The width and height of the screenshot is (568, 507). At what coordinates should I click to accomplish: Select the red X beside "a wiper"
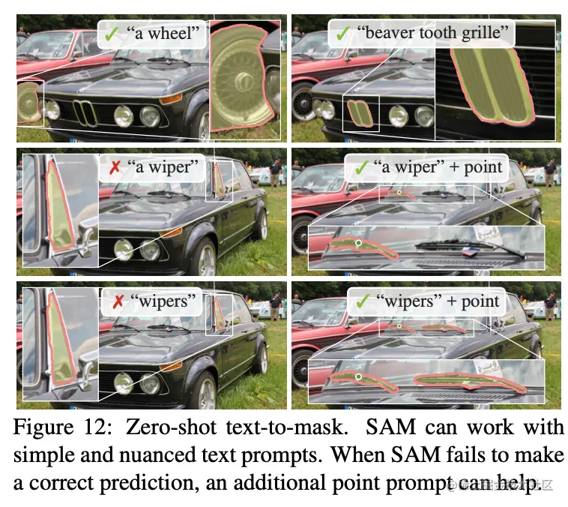click(115, 167)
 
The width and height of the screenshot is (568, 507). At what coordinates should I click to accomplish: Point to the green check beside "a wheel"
click(112, 34)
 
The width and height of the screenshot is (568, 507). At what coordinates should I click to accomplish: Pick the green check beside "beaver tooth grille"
click(342, 34)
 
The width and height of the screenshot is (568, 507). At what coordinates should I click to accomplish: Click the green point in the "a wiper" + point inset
click(360, 244)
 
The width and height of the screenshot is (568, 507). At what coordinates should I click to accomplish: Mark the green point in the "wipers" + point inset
click(359, 376)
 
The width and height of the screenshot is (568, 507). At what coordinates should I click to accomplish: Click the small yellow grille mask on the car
click(361, 113)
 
